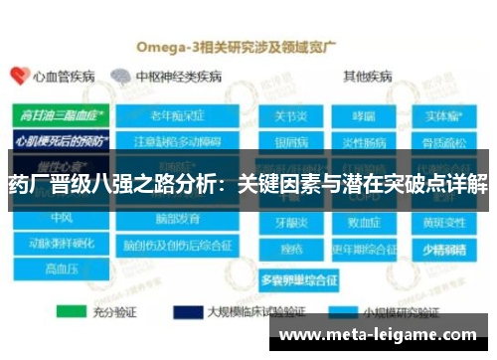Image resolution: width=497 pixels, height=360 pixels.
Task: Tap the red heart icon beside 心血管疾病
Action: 17,76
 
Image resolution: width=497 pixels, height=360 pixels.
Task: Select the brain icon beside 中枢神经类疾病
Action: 120,76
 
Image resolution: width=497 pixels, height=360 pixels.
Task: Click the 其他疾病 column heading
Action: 367,76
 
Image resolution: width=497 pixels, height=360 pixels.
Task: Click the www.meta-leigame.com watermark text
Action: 378,335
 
